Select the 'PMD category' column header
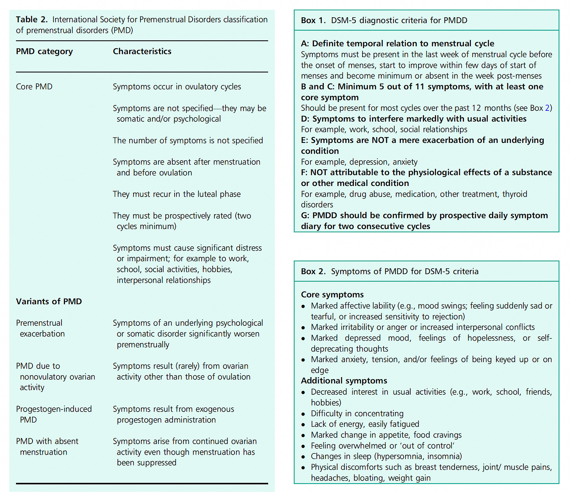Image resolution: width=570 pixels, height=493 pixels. pyautogui.click(x=44, y=51)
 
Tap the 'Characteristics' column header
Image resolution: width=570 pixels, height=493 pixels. pyautogui.click(x=142, y=51)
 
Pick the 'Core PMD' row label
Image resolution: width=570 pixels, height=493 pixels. pyautogui.click(x=34, y=87)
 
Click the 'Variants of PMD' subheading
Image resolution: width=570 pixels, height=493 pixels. pyautogui.click(x=49, y=302)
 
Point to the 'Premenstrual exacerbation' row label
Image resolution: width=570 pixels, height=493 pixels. pyautogui.click(x=40, y=328)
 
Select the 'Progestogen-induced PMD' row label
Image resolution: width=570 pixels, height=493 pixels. pyautogui.click(x=54, y=414)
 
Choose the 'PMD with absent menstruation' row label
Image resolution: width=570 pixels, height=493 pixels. pyautogui.click(x=47, y=446)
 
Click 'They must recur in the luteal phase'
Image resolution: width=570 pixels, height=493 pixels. pyautogui.click(x=177, y=194)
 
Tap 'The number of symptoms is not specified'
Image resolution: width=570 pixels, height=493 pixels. pyautogui.click(x=188, y=141)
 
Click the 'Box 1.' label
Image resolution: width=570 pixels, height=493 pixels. pyautogui.click(x=313, y=20)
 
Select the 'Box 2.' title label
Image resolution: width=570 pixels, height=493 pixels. pyautogui.click(x=313, y=271)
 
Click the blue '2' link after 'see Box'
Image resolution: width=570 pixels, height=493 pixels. pyautogui.click(x=547, y=108)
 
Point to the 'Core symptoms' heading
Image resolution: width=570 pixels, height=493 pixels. pyautogui.click(x=332, y=295)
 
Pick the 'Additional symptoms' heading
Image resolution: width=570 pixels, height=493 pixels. pyautogui.click(x=344, y=381)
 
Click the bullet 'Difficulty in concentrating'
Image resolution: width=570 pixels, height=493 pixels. pyautogui.click(x=357, y=414)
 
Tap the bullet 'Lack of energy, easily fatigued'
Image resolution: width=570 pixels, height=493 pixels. pyautogui.click(x=365, y=424)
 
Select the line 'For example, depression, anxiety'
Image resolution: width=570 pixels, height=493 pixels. pyautogui.click(x=359, y=162)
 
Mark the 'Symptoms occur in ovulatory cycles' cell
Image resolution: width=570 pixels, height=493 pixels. pyautogui.click(x=177, y=87)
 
